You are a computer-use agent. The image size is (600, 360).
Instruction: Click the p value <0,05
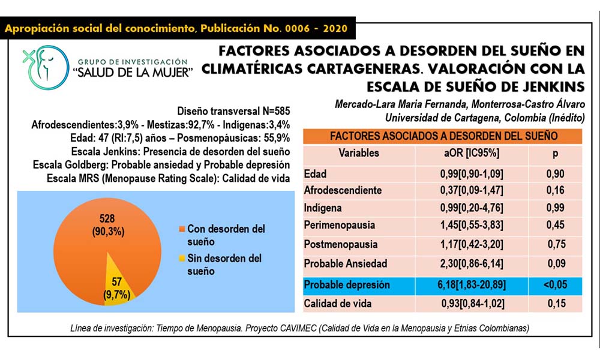point(556,285)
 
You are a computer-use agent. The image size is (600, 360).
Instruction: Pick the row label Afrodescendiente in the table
point(343,190)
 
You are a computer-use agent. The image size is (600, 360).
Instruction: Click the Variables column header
point(359,153)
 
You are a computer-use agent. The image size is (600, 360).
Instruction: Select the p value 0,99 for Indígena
point(556,208)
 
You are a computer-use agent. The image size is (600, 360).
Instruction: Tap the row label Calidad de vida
point(338,304)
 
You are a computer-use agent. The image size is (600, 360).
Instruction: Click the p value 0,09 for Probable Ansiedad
point(556,263)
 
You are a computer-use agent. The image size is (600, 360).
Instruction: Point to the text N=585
point(270,112)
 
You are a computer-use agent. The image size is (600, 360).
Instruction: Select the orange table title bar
point(443,136)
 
